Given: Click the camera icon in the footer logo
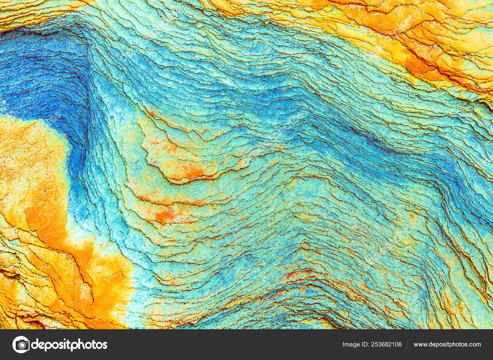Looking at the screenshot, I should (21, 344).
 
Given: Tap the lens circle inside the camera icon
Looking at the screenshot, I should (21, 345).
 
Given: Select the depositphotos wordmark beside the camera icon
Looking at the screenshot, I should (69, 344).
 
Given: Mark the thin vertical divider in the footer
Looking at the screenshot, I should (408, 344).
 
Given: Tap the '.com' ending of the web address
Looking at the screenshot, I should (475, 344).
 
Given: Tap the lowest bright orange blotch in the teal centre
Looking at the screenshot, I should (163, 216).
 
